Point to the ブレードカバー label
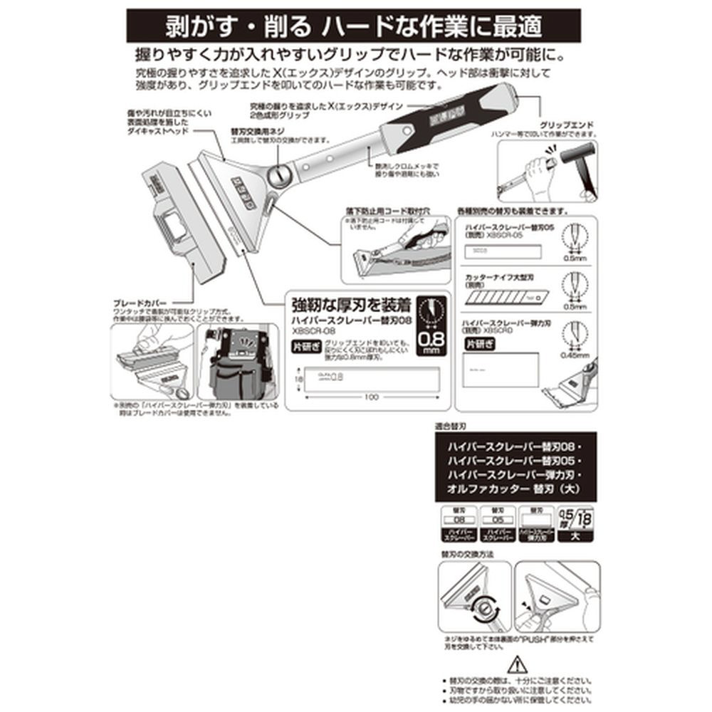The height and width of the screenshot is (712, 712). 140,302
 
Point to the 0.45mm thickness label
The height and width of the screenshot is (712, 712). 575,354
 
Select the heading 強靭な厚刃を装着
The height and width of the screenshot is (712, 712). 352,305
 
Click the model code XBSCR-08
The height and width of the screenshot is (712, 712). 312,332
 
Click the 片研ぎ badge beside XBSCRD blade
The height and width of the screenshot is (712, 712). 479,344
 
